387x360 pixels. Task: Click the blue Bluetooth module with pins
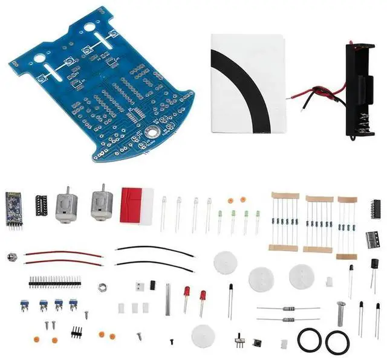(13, 208)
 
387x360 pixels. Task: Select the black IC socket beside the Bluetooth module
(42, 206)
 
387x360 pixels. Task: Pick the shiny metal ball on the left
(11, 257)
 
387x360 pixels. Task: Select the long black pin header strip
(54, 282)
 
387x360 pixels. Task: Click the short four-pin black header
(76, 332)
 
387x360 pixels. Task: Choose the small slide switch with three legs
(238, 342)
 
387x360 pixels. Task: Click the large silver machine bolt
(341, 313)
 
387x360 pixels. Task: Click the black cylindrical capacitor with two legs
(375, 265)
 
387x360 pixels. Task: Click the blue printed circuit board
(103, 91)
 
